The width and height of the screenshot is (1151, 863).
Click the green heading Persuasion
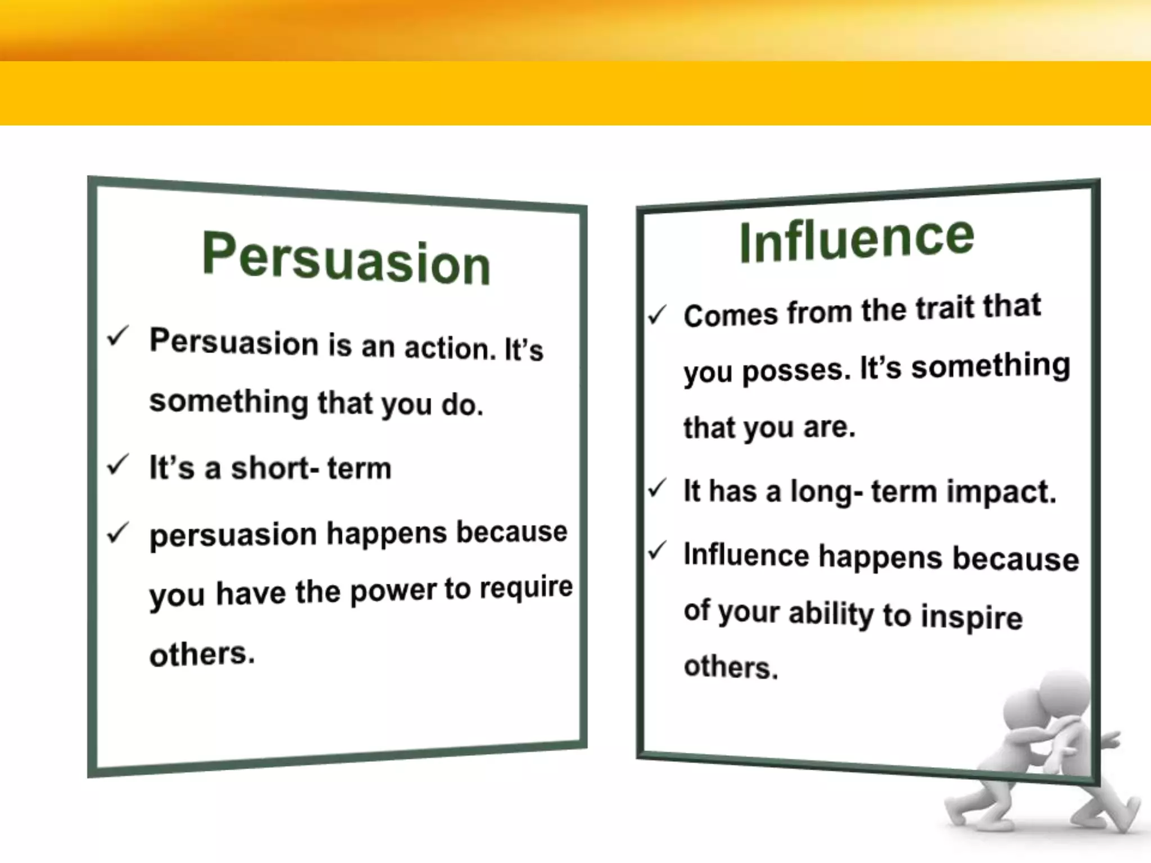tap(346, 259)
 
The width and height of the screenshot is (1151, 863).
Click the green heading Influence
tap(856, 240)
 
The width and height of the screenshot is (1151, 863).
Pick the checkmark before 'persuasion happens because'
tap(118, 532)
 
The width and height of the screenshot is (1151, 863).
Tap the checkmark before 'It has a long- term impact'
tap(656, 488)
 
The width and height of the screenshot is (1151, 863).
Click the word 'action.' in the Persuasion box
tap(450, 348)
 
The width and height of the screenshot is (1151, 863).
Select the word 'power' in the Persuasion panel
tap(393, 592)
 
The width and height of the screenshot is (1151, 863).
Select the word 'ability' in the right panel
tap(831, 614)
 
